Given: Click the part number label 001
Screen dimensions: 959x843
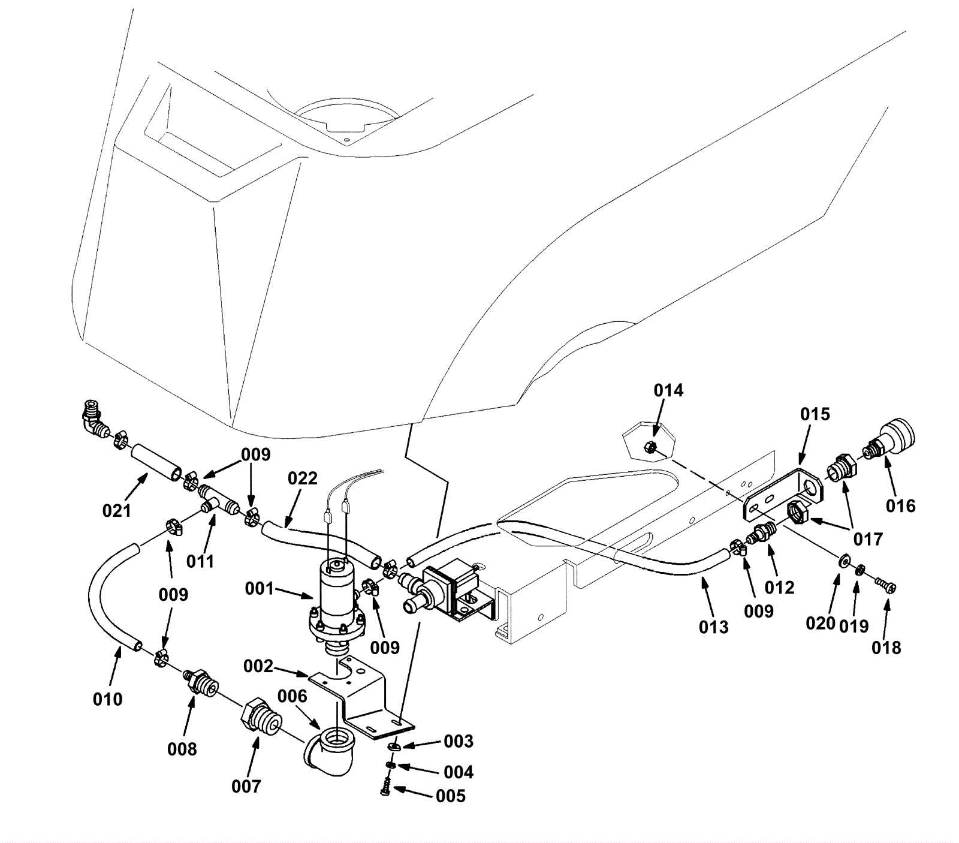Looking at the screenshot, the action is (x=260, y=589).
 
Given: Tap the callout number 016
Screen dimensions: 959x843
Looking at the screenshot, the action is (x=901, y=505).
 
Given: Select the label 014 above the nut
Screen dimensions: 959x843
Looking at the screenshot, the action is (x=668, y=390).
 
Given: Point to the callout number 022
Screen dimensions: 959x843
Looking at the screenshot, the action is (x=303, y=478).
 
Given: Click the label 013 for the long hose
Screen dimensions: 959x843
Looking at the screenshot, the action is (x=714, y=627).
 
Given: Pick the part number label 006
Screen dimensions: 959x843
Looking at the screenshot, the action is (x=292, y=696).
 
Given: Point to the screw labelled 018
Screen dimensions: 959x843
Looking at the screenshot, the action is (x=886, y=585).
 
